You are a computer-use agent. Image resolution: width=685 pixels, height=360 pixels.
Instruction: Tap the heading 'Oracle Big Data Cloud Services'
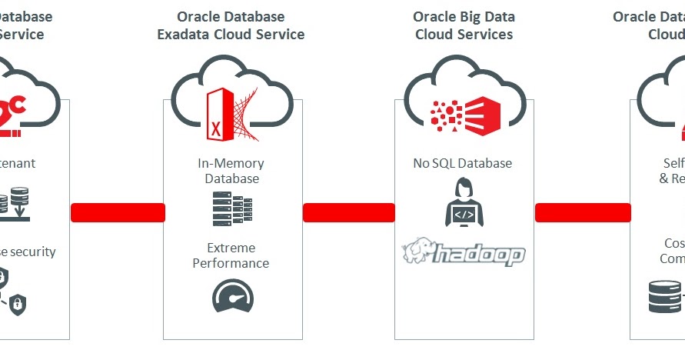[464, 25]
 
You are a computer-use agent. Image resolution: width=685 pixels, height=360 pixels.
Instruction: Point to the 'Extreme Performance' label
[231, 255]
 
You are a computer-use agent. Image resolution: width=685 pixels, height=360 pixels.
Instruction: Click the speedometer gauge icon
[231, 295]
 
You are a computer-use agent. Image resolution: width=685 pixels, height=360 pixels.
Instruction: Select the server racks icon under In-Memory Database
[231, 208]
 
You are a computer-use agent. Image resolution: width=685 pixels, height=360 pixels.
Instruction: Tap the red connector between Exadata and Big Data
[348, 212]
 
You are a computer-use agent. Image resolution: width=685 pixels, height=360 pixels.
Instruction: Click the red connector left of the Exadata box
[118, 212]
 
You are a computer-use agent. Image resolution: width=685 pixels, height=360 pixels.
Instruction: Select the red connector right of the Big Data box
[582, 212]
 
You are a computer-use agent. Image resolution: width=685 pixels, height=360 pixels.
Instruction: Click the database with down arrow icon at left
[15, 205]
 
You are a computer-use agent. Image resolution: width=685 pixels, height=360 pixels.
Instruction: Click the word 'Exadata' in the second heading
[202, 34]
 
